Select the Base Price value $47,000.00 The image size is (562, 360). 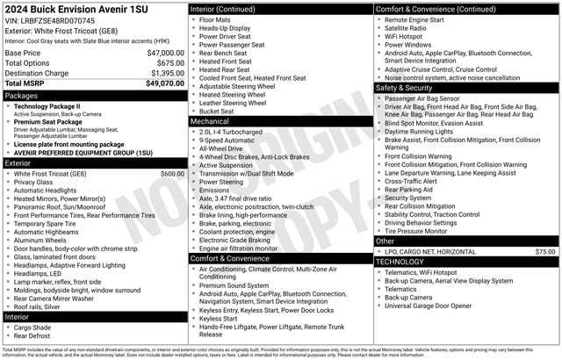pos(165,53)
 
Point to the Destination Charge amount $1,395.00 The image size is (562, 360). pos(165,74)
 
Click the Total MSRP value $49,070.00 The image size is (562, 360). pos(165,83)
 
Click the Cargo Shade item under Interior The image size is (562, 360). pos(33,327)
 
